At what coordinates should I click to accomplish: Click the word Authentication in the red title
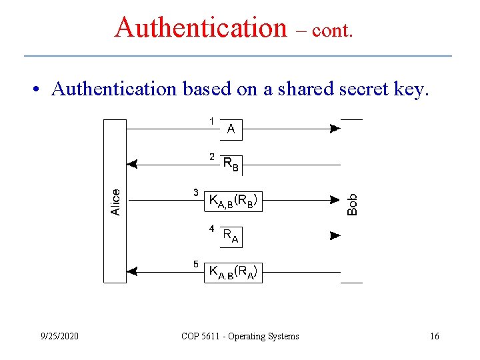tap(200, 27)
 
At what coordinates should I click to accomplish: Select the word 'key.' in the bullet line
tap(409, 89)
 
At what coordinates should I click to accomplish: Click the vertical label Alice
tap(115, 202)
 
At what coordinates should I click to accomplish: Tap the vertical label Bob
tap(353, 204)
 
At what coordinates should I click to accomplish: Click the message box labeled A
tap(231, 129)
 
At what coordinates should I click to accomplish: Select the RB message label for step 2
tap(231, 163)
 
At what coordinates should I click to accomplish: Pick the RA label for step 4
tap(230, 235)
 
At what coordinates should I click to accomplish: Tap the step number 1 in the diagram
tap(211, 121)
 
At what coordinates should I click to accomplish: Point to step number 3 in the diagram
tap(195, 193)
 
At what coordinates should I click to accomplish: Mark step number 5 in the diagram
tap(195, 264)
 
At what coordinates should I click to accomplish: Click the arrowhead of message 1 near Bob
tap(335, 129)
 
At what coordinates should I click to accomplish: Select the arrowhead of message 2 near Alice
tap(132, 163)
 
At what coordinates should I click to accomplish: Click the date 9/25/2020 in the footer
tap(59, 336)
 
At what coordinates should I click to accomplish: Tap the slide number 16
tap(435, 336)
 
